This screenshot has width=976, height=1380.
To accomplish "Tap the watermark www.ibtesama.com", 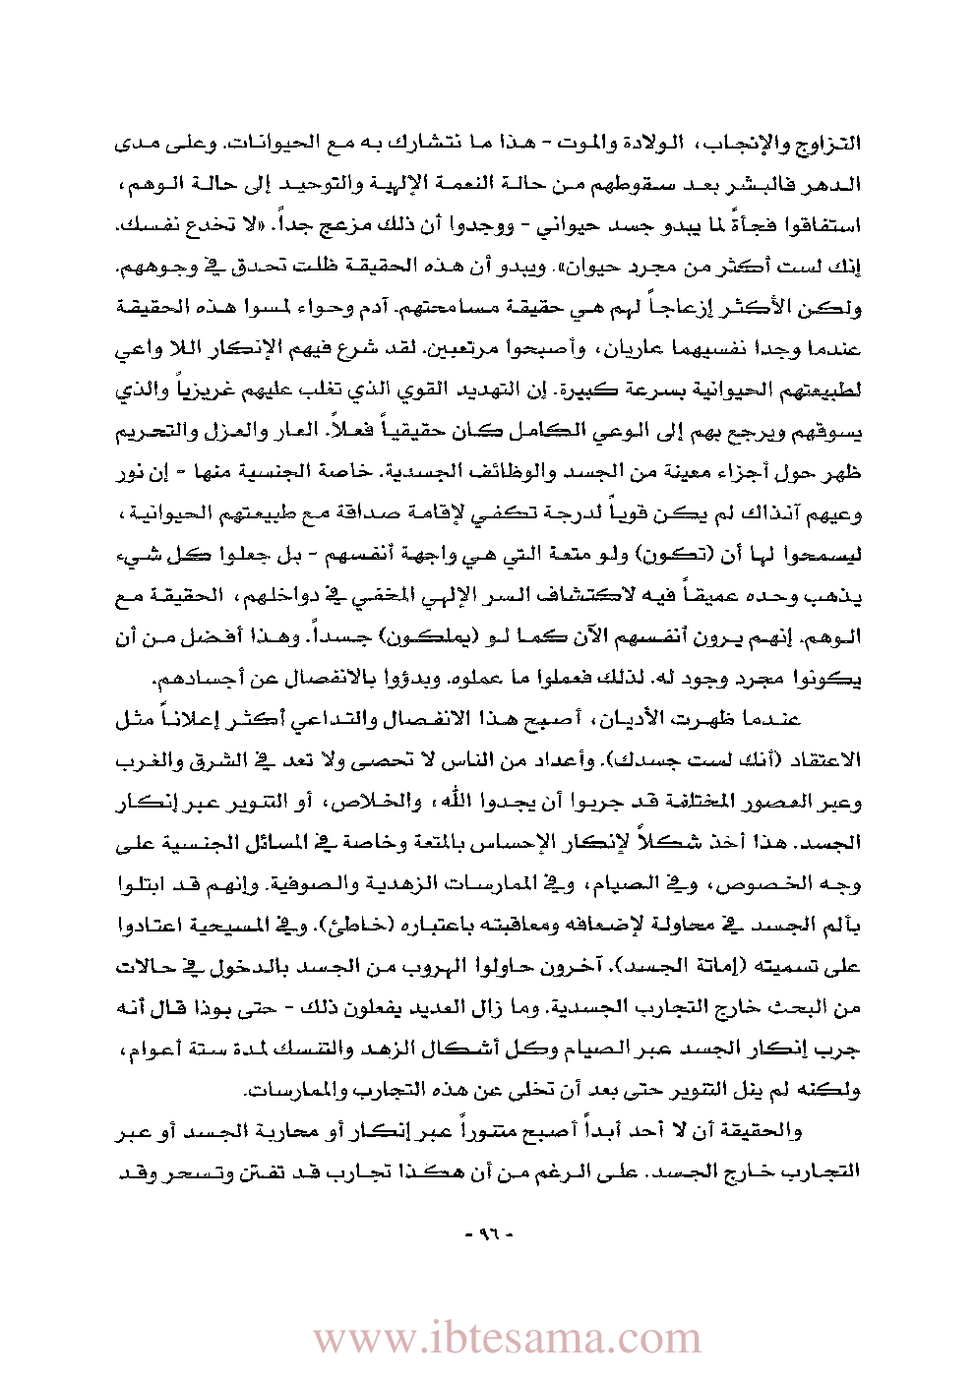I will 508,1338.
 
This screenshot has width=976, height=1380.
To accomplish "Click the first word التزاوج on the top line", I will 828,143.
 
